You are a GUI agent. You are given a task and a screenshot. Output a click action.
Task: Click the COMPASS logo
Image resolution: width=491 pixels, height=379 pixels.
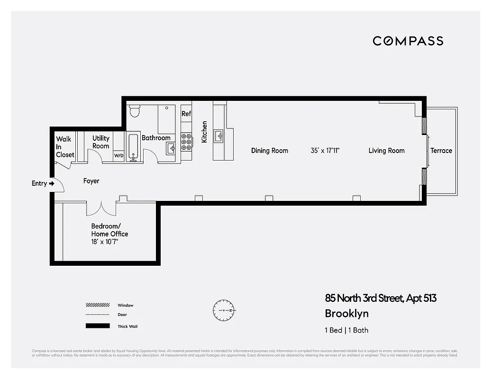point(408,41)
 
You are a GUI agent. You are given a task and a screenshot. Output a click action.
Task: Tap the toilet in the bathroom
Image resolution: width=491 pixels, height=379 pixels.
point(135,110)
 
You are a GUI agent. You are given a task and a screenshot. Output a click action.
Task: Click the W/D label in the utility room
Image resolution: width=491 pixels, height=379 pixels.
point(118,155)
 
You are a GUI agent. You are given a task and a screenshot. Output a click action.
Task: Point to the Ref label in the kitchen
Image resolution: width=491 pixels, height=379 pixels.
point(186,114)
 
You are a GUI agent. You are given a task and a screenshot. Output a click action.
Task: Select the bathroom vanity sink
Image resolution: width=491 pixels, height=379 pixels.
point(171,147)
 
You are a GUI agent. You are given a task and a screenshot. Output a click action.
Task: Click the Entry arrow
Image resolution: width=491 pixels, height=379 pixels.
point(52,183)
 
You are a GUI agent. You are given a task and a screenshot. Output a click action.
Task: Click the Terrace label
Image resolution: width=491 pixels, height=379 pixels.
point(441,151)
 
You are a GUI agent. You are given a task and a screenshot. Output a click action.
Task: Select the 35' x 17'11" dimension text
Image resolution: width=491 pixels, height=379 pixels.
point(325,151)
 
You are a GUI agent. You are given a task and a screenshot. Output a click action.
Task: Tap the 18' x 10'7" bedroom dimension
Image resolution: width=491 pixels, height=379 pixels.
point(104,242)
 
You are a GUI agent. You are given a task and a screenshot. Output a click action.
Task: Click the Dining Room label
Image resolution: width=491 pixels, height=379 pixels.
point(269,151)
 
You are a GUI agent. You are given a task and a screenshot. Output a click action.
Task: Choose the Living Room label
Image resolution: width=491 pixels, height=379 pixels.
point(386,151)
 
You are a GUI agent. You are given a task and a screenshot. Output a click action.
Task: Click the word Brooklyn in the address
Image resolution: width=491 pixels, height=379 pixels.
point(346,314)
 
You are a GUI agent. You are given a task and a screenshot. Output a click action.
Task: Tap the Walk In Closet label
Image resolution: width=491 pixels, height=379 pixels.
point(65,147)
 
